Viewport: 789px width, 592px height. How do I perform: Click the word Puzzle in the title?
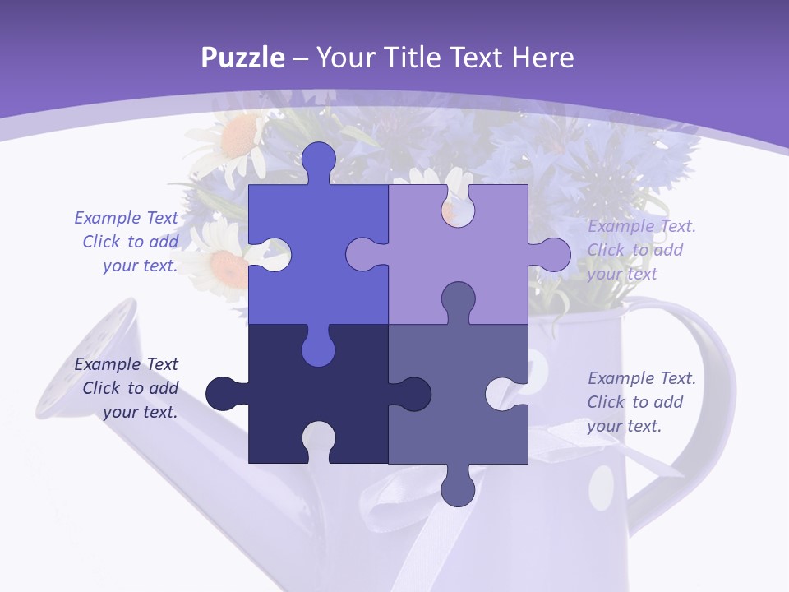[x=243, y=58]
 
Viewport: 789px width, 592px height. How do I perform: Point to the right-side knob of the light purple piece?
[x=551, y=255]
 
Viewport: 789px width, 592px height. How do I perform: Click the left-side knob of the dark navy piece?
[x=224, y=394]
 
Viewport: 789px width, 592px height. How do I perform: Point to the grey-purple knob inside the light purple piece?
[x=458, y=299]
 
